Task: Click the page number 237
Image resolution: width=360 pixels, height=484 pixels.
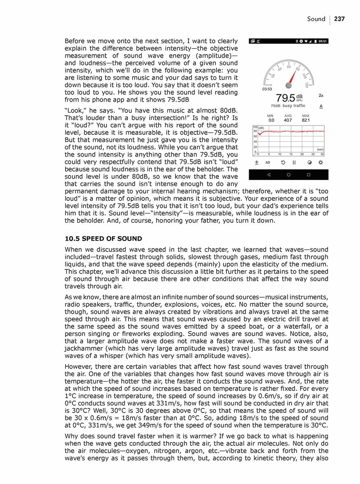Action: click(339, 19)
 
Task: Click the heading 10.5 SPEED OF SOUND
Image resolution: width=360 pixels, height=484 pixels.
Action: click(103, 238)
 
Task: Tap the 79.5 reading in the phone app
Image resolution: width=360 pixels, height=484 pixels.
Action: click(285, 98)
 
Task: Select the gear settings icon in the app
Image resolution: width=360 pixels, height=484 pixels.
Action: click(320, 163)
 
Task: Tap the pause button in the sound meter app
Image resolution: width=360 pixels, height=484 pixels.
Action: click(294, 163)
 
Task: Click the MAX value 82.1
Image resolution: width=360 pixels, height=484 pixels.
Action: click(306, 120)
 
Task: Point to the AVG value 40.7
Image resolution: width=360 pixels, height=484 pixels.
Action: click(288, 120)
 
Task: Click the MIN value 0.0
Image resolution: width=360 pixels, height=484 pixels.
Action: click(271, 120)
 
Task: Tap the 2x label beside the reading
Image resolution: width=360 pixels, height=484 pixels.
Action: click(321, 95)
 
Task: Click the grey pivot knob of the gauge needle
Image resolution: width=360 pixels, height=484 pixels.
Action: click(289, 85)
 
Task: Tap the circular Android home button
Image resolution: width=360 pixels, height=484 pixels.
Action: click(289, 175)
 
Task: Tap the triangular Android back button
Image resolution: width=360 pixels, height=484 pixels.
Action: click(269, 175)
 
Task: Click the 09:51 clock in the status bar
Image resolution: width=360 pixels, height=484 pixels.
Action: click(323, 41)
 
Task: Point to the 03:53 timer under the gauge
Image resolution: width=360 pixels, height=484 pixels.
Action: click(267, 89)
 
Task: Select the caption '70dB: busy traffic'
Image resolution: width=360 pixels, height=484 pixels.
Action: click(288, 106)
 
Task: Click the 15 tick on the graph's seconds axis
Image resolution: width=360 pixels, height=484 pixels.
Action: click(291, 154)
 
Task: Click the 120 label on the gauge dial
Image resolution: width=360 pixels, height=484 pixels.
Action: click(307, 85)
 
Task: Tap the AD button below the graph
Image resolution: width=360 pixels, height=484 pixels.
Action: click(268, 163)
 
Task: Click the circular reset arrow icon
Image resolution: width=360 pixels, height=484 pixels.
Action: click(283, 163)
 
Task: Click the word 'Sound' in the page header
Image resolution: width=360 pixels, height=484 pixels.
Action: click(316, 19)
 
